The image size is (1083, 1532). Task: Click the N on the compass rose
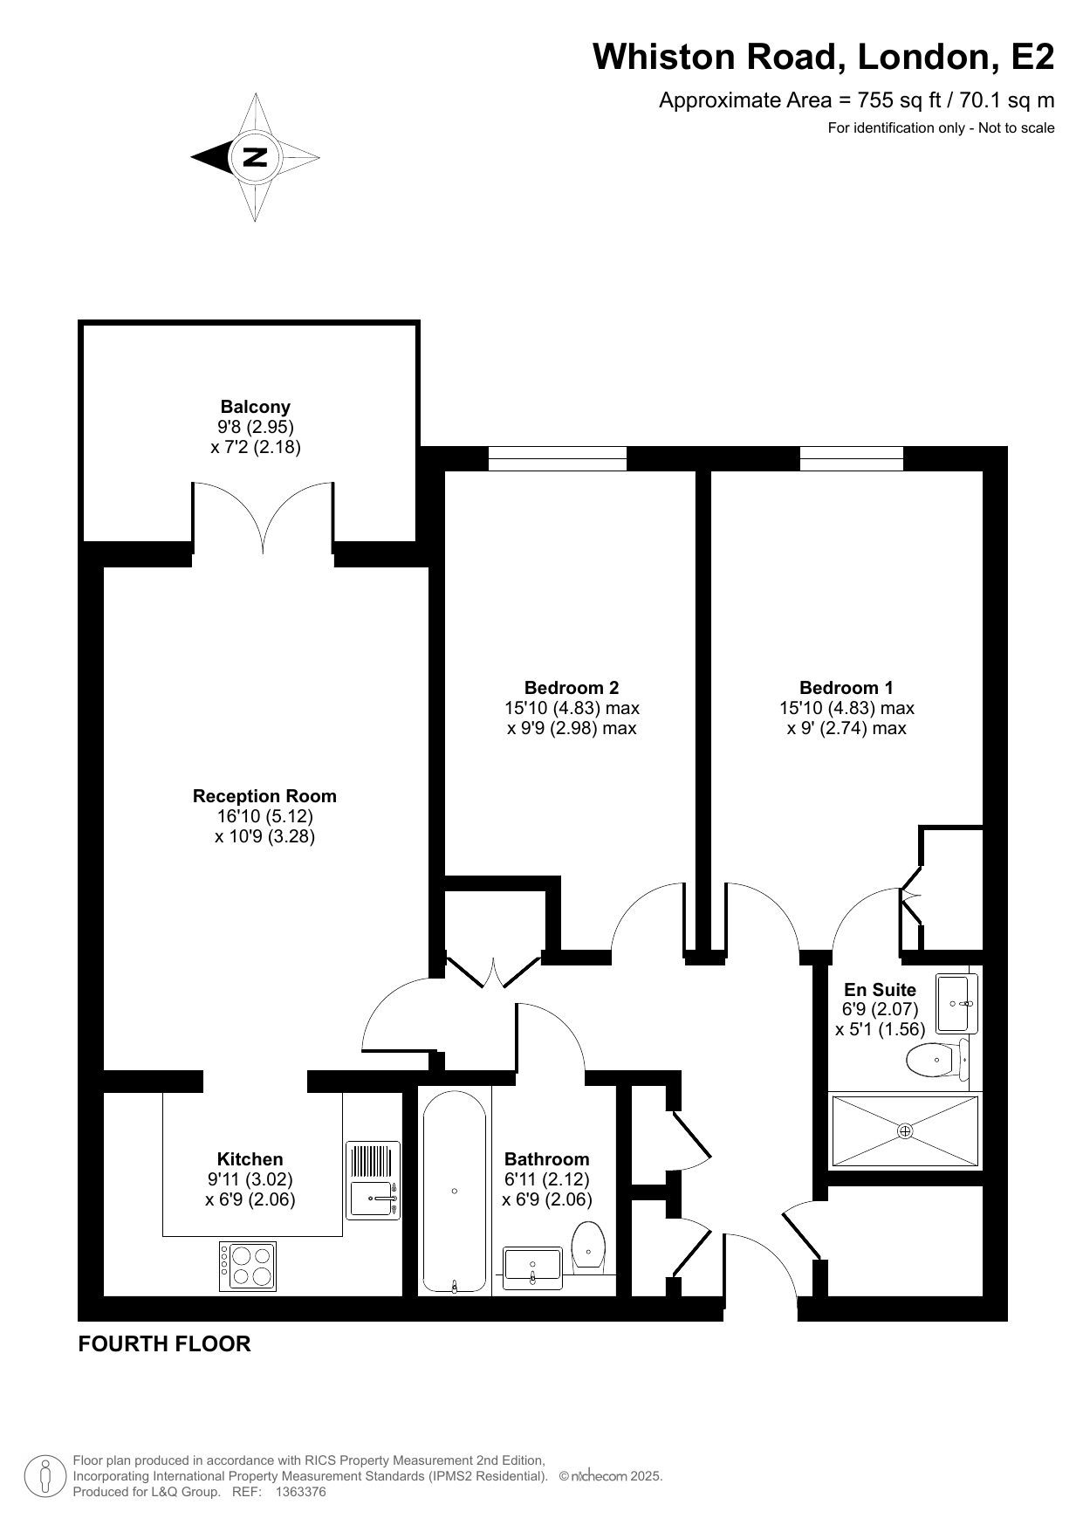pos(255,157)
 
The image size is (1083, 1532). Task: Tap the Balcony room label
pos(255,407)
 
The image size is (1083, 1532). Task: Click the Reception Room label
pos(264,796)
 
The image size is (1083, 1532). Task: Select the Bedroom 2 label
pos(572,688)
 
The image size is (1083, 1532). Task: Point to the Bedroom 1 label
pos(847,688)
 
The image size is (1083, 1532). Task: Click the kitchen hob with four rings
pos(248,1267)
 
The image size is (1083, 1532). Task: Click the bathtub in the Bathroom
pos(455,1192)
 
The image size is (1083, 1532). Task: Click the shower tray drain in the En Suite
pos(905,1131)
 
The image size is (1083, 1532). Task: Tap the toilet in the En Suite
pos(938,1060)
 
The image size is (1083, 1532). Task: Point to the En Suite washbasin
pos(956,1004)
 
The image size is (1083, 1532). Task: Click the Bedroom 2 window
pos(558,458)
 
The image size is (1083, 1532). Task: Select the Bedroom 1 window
pos(852,458)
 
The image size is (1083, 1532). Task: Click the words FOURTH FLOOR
pos(165,1343)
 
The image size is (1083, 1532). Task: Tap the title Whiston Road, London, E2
pos(824,58)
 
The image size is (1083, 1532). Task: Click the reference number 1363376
pos(300,1493)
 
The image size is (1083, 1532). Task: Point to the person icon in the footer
pos(45,1476)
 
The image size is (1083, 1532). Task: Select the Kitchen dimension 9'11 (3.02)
pos(250,1179)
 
